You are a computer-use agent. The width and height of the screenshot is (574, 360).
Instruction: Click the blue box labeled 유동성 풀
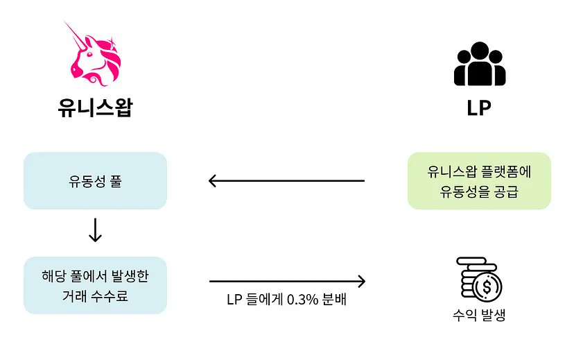pos(95,181)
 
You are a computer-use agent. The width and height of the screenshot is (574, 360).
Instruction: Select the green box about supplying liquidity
pos(479,181)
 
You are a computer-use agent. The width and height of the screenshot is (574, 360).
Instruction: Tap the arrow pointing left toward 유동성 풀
pos(286,181)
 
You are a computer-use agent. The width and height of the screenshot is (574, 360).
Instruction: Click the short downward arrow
pos(95,231)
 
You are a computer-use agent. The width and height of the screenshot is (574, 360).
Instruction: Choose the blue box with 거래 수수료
pos(95,285)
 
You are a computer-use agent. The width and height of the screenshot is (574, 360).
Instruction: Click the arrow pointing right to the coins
pos(286,281)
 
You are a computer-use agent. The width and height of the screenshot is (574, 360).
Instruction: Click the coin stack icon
pos(479,278)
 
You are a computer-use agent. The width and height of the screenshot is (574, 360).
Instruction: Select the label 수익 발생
pos(479,316)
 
